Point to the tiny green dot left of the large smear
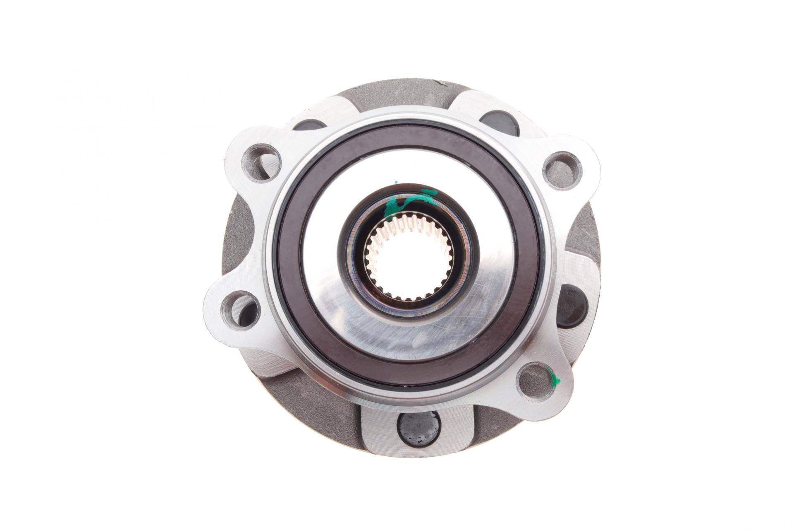point(396,182)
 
